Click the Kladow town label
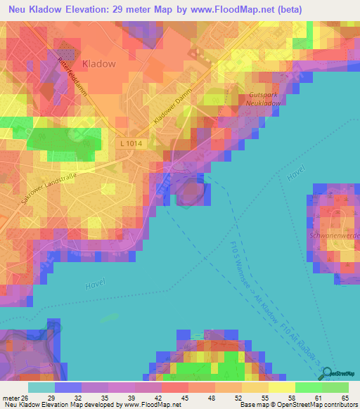pos(99,63)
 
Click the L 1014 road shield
pos(130,143)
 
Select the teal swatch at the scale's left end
pos(41,387)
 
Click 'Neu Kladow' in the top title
pos(35,10)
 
